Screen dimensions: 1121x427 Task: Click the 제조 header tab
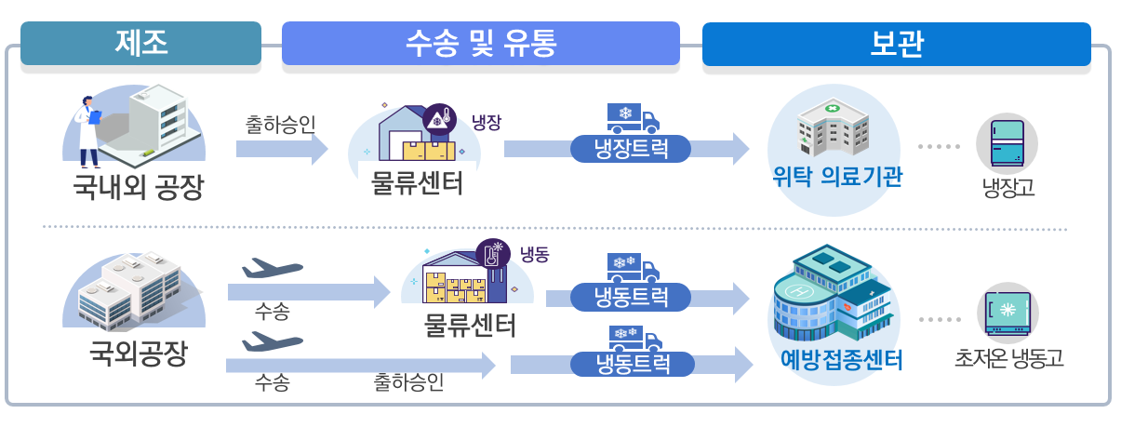click(x=140, y=43)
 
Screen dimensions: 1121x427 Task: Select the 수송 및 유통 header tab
click(x=480, y=43)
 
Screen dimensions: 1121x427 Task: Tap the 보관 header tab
click(x=896, y=44)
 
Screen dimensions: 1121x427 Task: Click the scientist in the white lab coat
click(x=88, y=131)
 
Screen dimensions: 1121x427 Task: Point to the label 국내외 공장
click(x=139, y=187)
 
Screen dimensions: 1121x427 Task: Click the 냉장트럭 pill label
click(x=631, y=149)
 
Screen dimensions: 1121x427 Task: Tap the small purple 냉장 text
click(x=487, y=122)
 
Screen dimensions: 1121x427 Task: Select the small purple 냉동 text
click(x=535, y=254)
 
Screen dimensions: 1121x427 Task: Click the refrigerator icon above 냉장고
click(x=1007, y=143)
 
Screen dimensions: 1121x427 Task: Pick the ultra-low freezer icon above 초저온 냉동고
click(x=1008, y=313)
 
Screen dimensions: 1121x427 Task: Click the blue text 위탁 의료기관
click(x=837, y=176)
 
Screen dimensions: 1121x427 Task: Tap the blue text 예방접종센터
click(x=841, y=359)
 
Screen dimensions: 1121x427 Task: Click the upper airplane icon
click(x=273, y=268)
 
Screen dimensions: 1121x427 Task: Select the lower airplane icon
click(x=273, y=341)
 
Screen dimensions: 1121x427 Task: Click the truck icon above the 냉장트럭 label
click(x=633, y=119)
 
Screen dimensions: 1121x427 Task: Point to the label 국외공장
click(x=139, y=354)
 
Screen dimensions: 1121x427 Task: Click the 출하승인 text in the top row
click(x=280, y=125)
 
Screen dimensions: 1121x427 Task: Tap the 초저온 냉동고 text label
click(x=1008, y=358)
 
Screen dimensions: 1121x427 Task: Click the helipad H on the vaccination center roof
click(x=800, y=291)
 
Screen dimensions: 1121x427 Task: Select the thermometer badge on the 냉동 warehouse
click(x=492, y=254)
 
